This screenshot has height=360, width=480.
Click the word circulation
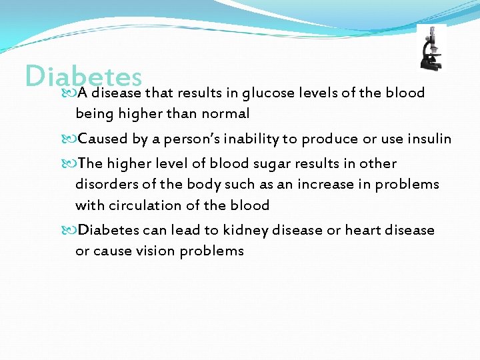[143, 205]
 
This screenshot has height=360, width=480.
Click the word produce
[330, 139]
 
